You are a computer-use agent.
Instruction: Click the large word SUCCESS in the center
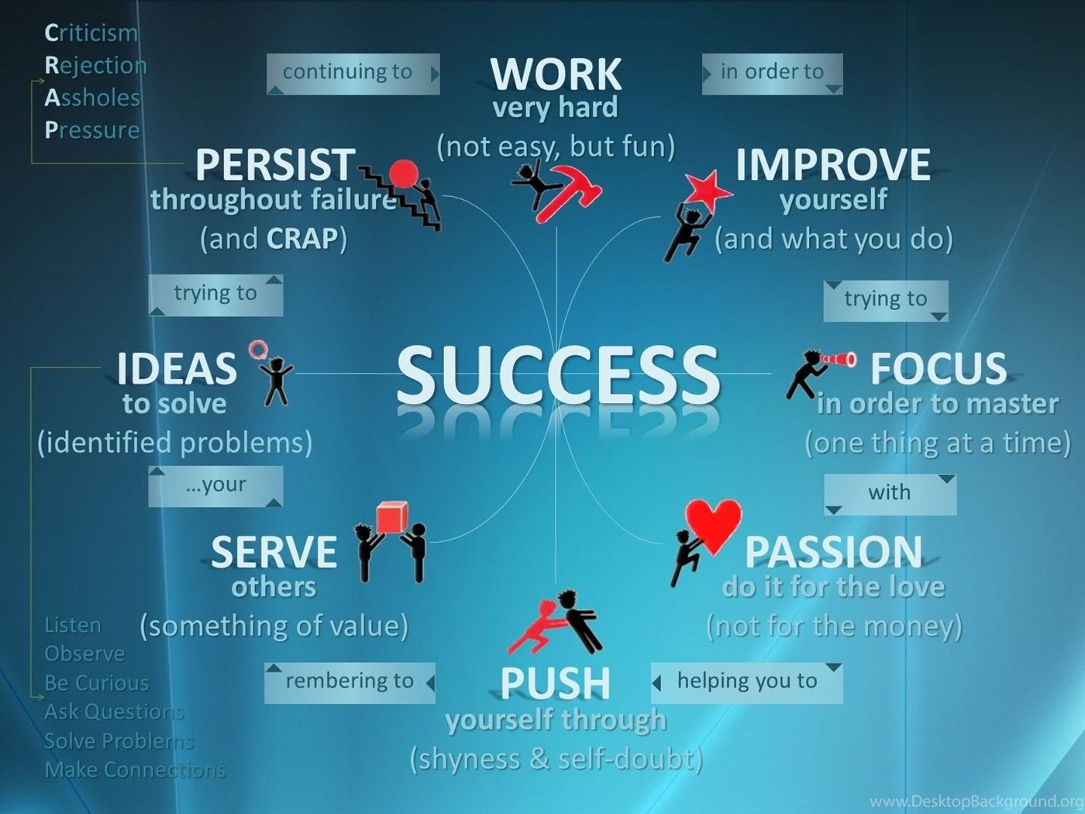tap(558, 374)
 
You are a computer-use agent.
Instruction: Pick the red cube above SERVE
tap(392, 516)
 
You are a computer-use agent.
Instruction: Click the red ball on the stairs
tap(404, 174)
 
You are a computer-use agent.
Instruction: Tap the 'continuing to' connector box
tap(353, 74)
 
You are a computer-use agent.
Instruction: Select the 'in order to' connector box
tap(772, 74)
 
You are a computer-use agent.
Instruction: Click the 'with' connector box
tap(890, 495)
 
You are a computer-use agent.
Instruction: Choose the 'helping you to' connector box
tap(746, 682)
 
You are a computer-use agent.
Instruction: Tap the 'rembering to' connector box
tap(350, 682)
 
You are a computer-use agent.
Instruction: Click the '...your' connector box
tap(215, 486)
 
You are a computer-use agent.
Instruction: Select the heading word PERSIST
tap(275, 164)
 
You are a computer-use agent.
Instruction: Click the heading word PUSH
tap(555, 683)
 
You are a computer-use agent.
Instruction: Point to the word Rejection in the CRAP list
tap(95, 66)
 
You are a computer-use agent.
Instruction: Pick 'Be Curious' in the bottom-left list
tap(96, 683)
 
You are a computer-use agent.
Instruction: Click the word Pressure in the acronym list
tap(92, 130)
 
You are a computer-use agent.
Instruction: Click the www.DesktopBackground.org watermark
tap(976, 801)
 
